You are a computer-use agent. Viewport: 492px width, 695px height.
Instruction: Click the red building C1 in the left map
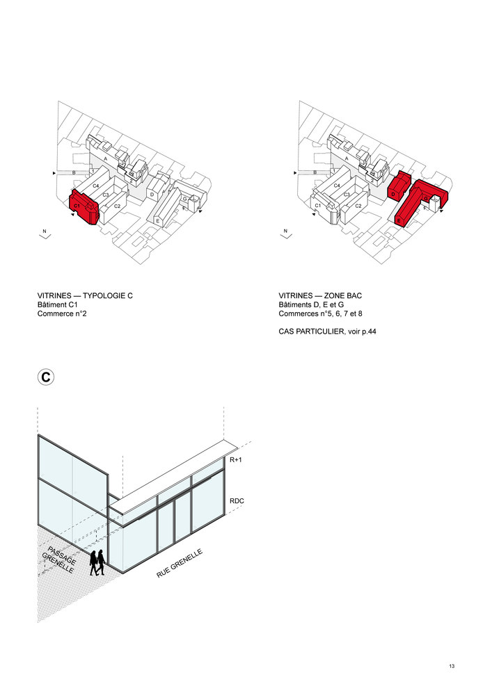pos(85,206)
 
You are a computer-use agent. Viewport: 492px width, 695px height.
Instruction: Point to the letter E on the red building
pos(399,220)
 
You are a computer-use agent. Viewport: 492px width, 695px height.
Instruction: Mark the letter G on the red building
pos(425,198)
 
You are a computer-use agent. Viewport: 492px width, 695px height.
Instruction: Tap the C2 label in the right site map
pos(358,206)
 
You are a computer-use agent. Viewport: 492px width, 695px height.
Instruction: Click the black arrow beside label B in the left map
pos(54,172)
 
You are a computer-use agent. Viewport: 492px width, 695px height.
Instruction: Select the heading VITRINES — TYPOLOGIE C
pos(85,295)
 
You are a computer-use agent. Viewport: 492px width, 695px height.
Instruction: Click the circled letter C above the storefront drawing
pos(45,377)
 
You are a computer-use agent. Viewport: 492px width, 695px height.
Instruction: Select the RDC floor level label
pos(238,500)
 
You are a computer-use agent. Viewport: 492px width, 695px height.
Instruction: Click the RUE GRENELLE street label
pos(180,564)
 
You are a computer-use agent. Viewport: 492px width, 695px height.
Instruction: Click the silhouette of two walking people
pos(97,562)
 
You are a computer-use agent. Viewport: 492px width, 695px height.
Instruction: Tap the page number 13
pos(452,667)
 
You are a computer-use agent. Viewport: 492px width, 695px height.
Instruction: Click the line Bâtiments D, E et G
pos(318,305)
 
